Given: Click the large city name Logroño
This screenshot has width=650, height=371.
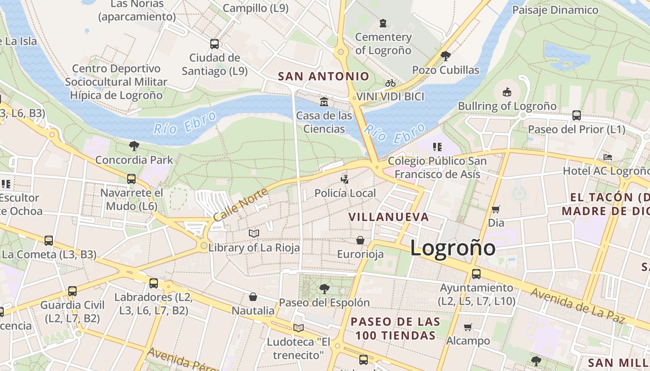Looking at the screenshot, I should click(453, 248).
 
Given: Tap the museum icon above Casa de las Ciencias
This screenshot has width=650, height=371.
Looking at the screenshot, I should click(324, 101).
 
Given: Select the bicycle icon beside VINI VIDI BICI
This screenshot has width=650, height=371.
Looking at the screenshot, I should click(390, 83).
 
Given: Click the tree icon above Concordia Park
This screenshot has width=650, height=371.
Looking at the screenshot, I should click(134, 146).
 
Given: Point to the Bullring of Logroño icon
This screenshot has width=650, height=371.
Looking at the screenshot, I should click(507, 92).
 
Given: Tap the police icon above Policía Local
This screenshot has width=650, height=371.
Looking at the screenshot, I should click(344, 179).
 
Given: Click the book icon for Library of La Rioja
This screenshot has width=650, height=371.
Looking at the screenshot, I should click(253, 233).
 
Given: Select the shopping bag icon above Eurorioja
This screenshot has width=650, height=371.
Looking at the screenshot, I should click(360, 240).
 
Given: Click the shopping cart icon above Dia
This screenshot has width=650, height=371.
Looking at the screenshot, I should click(495, 209).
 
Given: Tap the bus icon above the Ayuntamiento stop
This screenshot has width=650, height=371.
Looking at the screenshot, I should click(476, 274).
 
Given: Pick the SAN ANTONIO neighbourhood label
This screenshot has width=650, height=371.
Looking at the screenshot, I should click(324, 77).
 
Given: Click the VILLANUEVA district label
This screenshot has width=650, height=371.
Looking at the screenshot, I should click(389, 217).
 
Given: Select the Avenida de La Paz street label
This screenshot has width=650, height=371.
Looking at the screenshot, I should click(583, 306).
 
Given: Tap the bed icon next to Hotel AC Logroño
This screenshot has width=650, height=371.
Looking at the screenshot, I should click(607, 157).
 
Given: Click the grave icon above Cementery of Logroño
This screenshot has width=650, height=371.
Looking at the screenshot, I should click(383, 23).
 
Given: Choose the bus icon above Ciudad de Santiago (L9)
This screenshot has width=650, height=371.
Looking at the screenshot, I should click(214, 44).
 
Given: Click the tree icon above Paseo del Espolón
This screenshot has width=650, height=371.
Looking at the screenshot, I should click(324, 289).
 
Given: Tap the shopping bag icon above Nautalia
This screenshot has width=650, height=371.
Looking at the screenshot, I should click(253, 296).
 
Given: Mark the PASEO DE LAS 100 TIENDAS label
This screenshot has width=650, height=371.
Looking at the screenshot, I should click(395, 328).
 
